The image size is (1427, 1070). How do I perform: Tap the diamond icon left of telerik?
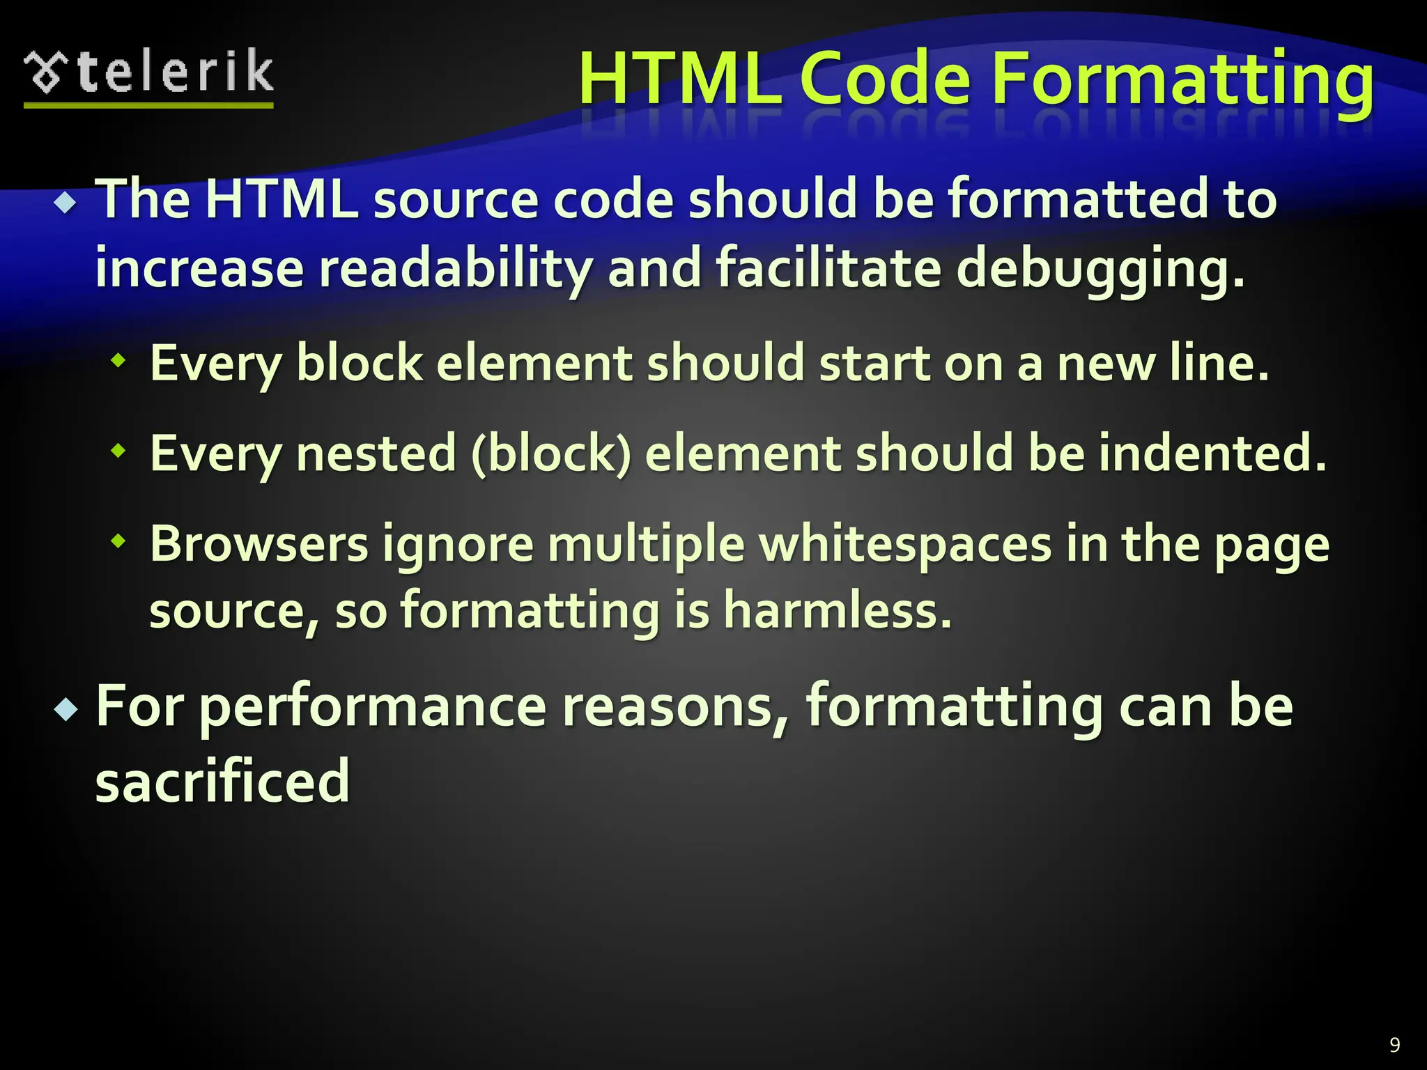click(x=46, y=72)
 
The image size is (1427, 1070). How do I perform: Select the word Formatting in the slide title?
click(x=1182, y=80)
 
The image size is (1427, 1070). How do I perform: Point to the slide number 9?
click(x=1394, y=1044)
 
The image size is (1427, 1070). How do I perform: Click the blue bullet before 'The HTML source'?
click(x=66, y=203)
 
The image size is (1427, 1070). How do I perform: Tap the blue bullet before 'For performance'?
click(x=66, y=711)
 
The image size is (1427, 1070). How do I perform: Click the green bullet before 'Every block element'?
click(x=119, y=361)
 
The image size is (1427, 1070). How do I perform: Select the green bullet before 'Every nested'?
click(x=119, y=451)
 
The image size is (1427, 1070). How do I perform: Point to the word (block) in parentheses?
click(x=550, y=453)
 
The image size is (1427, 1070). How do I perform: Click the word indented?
click(x=1212, y=453)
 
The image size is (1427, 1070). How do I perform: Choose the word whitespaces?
click(x=905, y=544)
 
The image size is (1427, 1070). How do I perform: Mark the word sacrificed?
click(x=222, y=782)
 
